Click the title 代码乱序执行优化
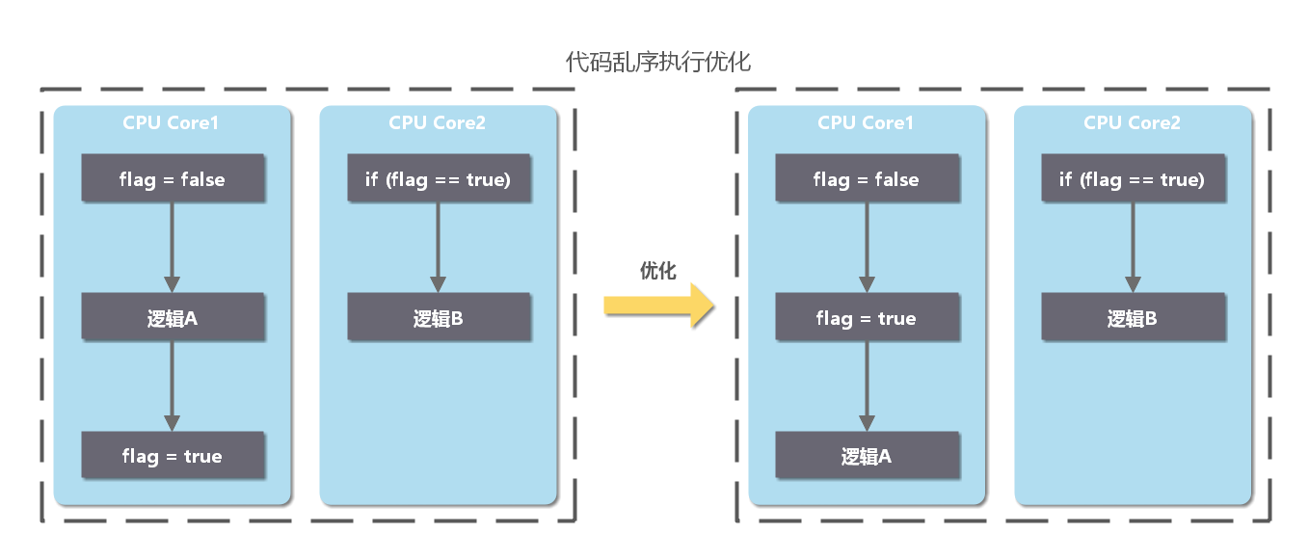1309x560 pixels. pyautogui.click(x=657, y=62)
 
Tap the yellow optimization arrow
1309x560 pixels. pyautogui.click(x=658, y=306)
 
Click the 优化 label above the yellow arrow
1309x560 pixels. pyautogui.click(x=658, y=271)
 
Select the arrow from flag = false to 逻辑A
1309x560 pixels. pyautogui.click(x=172, y=248)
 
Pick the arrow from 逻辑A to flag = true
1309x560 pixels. pyautogui.click(x=172, y=386)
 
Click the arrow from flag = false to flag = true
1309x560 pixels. pyautogui.click(x=867, y=248)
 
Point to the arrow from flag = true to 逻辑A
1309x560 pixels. pyautogui.click(x=867, y=386)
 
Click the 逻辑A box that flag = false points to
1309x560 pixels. pyautogui.click(x=173, y=317)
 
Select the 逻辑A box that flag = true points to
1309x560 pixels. pyautogui.click(x=868, y=455)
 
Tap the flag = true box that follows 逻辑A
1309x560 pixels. pyautogui.click(x=173, y=455)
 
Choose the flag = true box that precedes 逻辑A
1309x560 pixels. pyautogui.click(x=868, y=317)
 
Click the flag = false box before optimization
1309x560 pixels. pyautogui.click(x=173, y=178)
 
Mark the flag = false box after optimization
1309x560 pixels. pyautogui.click(x=868, y=178)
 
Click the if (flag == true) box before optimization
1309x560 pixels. pyautogui.click(x=439, y=178)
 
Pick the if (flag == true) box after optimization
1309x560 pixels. pyautogui.click(x=1134, y=178)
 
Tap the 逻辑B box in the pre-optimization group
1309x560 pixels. pyautogui.click(x=439, y=317)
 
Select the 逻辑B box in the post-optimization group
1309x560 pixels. pyautogui.click(x=1134, y=317)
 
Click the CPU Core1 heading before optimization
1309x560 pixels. pyautogui.click(x=171, y=122)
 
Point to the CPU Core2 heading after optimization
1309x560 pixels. pyautogui.click(x=1132, y=122)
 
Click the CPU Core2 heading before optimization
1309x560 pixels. pyautogui.click(x=437, y=122)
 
